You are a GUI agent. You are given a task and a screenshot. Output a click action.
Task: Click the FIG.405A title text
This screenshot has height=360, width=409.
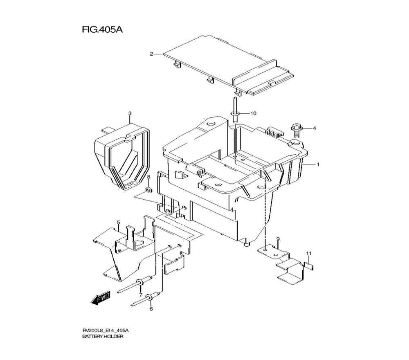(x=103, y=29)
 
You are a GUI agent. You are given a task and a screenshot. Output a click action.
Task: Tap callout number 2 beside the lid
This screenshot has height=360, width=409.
(x=151, y=54)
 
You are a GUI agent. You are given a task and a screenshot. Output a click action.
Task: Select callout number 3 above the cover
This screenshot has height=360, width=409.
(x=130, y=113)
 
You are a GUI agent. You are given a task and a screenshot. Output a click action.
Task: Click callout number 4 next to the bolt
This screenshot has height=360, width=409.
(x=314, y=128)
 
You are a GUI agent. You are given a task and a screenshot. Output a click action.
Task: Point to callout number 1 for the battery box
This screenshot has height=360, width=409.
(x=318, y=164)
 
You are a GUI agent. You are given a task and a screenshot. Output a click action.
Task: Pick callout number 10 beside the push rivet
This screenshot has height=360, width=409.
(x=253, y=113)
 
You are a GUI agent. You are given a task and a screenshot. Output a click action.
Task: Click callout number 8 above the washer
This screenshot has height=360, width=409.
(x=148, y=177)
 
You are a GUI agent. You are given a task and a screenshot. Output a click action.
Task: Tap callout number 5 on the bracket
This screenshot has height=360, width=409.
(x=119, y=222)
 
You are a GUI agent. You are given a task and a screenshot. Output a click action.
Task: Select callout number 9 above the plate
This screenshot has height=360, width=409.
(x=278, y=239)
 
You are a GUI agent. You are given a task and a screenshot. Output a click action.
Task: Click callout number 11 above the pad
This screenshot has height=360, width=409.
(x=309, y=253)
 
